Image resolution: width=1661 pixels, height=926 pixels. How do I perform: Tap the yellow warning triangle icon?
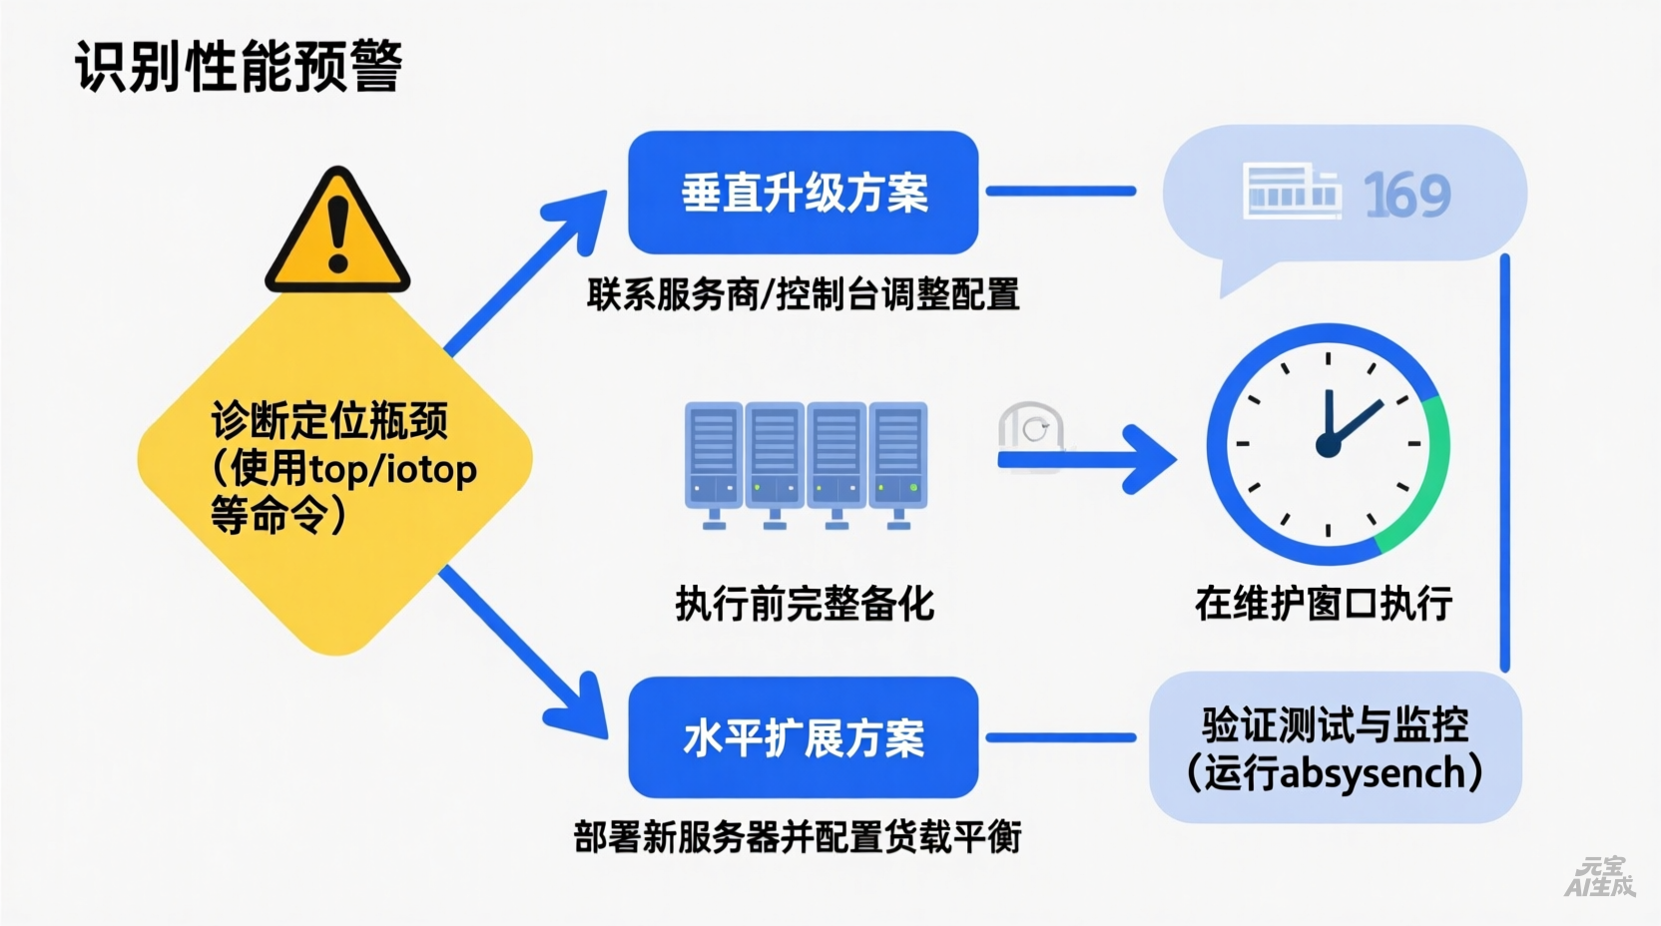click(x=337, y=232)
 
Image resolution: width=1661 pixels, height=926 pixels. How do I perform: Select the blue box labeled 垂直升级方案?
click(x=803, y=192)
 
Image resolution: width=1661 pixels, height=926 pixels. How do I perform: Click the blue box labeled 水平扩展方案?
click(x=803, y=737)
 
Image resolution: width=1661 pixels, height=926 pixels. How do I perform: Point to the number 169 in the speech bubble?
click(x=1406, y=195)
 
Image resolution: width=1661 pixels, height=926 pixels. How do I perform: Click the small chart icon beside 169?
click(x=1291, y=191)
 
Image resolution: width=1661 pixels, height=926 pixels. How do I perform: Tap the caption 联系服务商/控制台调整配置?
click(x=803, y=294)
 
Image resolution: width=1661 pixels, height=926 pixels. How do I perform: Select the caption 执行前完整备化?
click(x=805, y=603)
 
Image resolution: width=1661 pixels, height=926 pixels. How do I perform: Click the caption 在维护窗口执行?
click(x=1323, y=603)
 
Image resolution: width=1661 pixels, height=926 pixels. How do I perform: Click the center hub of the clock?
click(x=1328, y=445)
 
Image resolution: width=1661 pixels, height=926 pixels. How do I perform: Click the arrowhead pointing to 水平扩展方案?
click(x=583, y=711)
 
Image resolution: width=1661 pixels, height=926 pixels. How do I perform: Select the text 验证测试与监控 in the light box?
click(x=1335, y=724)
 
